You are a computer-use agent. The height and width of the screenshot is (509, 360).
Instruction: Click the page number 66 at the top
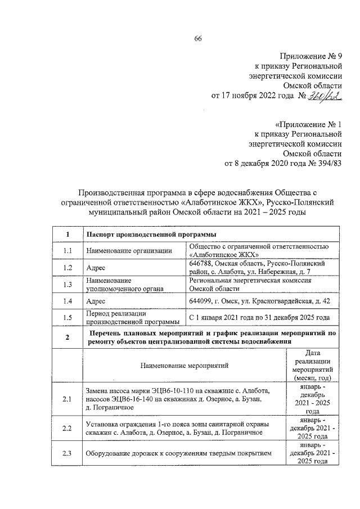[x=198, y=38]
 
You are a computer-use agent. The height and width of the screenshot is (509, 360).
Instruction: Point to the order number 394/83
[x=326, y=164]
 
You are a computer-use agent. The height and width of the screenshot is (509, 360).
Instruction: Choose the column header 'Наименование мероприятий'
[x=184, y=366]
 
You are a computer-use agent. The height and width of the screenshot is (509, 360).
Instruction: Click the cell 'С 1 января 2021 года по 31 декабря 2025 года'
[x=259, y=318]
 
